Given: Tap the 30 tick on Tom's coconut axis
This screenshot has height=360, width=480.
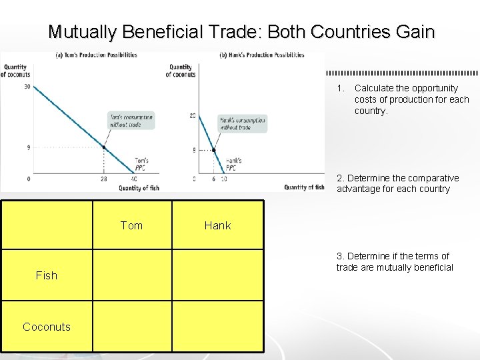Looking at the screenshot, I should click(x=27, y=87).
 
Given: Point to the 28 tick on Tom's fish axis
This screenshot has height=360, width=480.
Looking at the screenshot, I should click(x=103, y=179).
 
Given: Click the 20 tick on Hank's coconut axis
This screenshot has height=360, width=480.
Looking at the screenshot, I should click(x=193, y=116).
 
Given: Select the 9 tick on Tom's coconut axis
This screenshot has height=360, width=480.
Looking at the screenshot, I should click(x=28, y=147).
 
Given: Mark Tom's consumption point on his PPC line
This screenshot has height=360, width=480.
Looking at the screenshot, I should click(x=104, y=147).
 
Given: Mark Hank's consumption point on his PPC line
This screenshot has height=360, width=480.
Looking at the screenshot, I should click(x=213, y=150).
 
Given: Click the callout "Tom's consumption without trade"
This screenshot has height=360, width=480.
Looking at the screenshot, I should click(x=131, y=121).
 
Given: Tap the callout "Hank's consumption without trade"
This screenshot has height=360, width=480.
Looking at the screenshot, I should click(x=242, y=123).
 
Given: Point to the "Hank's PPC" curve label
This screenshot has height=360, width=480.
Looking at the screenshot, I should click(x=233, y=163).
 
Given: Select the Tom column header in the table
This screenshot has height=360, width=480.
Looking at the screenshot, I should click(x=131, y=225).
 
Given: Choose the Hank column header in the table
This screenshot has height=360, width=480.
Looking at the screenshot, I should click(x=217, y=225).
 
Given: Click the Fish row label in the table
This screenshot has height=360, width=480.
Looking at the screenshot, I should click(x=47, y=275).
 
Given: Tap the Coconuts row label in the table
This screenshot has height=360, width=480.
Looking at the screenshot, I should click(x=47, y=326).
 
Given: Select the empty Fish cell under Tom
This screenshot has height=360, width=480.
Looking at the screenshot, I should click(x=132, y=275).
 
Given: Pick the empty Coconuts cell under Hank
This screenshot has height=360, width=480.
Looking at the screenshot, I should click(x=218, y=326).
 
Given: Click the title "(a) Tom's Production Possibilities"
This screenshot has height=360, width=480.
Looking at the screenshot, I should click(x=97, y=55).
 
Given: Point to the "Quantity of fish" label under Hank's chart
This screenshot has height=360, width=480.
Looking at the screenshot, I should click(x=304, y=187).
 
